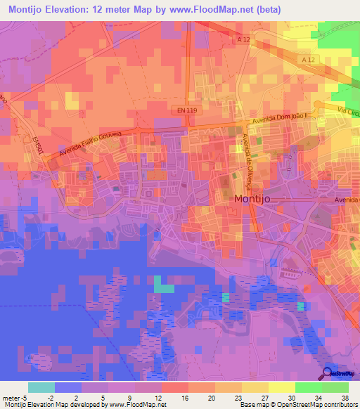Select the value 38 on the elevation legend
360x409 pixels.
(345, 397)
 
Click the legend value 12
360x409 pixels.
(162, 397)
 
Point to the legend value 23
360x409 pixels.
(229, 397)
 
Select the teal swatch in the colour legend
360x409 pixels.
(41, 387)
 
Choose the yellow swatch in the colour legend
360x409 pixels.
(281, 387)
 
